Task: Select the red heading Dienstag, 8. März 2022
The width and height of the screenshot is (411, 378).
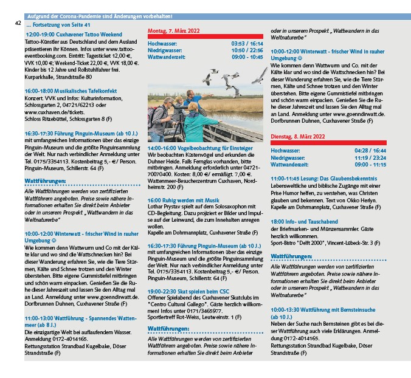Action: [297, 137]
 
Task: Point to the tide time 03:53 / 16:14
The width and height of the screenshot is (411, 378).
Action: [247, 44]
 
